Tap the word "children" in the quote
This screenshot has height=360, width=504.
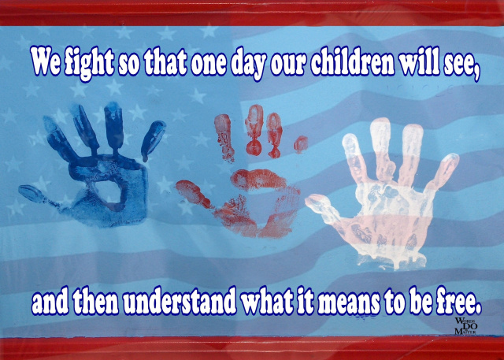352,61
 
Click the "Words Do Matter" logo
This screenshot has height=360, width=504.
465,326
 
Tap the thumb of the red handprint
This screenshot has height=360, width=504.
193,194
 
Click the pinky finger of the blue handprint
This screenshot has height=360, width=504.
152,140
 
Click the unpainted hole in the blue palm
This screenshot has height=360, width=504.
109,192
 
